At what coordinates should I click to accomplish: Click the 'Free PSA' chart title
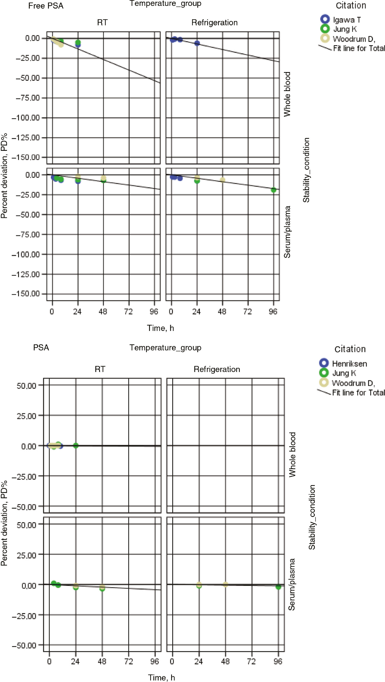pyautogui.click(x=46, y=6)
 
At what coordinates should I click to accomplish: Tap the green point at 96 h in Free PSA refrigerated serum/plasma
pyautogui.click(x=274, y=190)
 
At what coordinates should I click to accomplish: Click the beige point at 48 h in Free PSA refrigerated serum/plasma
pyautogui.click(x=223, y=180)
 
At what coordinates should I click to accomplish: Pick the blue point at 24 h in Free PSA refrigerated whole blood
pyautogui.click(x=197, y=43)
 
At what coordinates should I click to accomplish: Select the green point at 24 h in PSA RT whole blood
pyautogui.click(x=76, y=445)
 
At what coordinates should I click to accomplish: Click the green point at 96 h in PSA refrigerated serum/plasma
pyautogui.click(x=278, y=587)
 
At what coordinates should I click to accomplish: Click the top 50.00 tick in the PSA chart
pyautogui.click(x=27, y=386)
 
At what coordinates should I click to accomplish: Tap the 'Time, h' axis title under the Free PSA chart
pyautogui.click(x=161, y=328)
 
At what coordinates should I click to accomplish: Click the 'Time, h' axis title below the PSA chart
pyautogui.click(x=161, y=678)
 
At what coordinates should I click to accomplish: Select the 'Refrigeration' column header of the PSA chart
pyautogui.click(x=217, y=369)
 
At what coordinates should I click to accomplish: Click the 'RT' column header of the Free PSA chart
pyautogui.click(x=102, y=23)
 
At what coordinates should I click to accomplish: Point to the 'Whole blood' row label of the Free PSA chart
pyautogui.click(x=287, y=94)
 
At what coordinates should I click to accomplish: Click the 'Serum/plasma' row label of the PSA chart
pyautogui.click(x=292, y=585)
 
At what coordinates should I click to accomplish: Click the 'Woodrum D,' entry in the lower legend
pyautogui.click(x=353, y=383)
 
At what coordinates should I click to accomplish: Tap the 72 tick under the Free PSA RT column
pyautogui.click(x=128, y=312)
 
